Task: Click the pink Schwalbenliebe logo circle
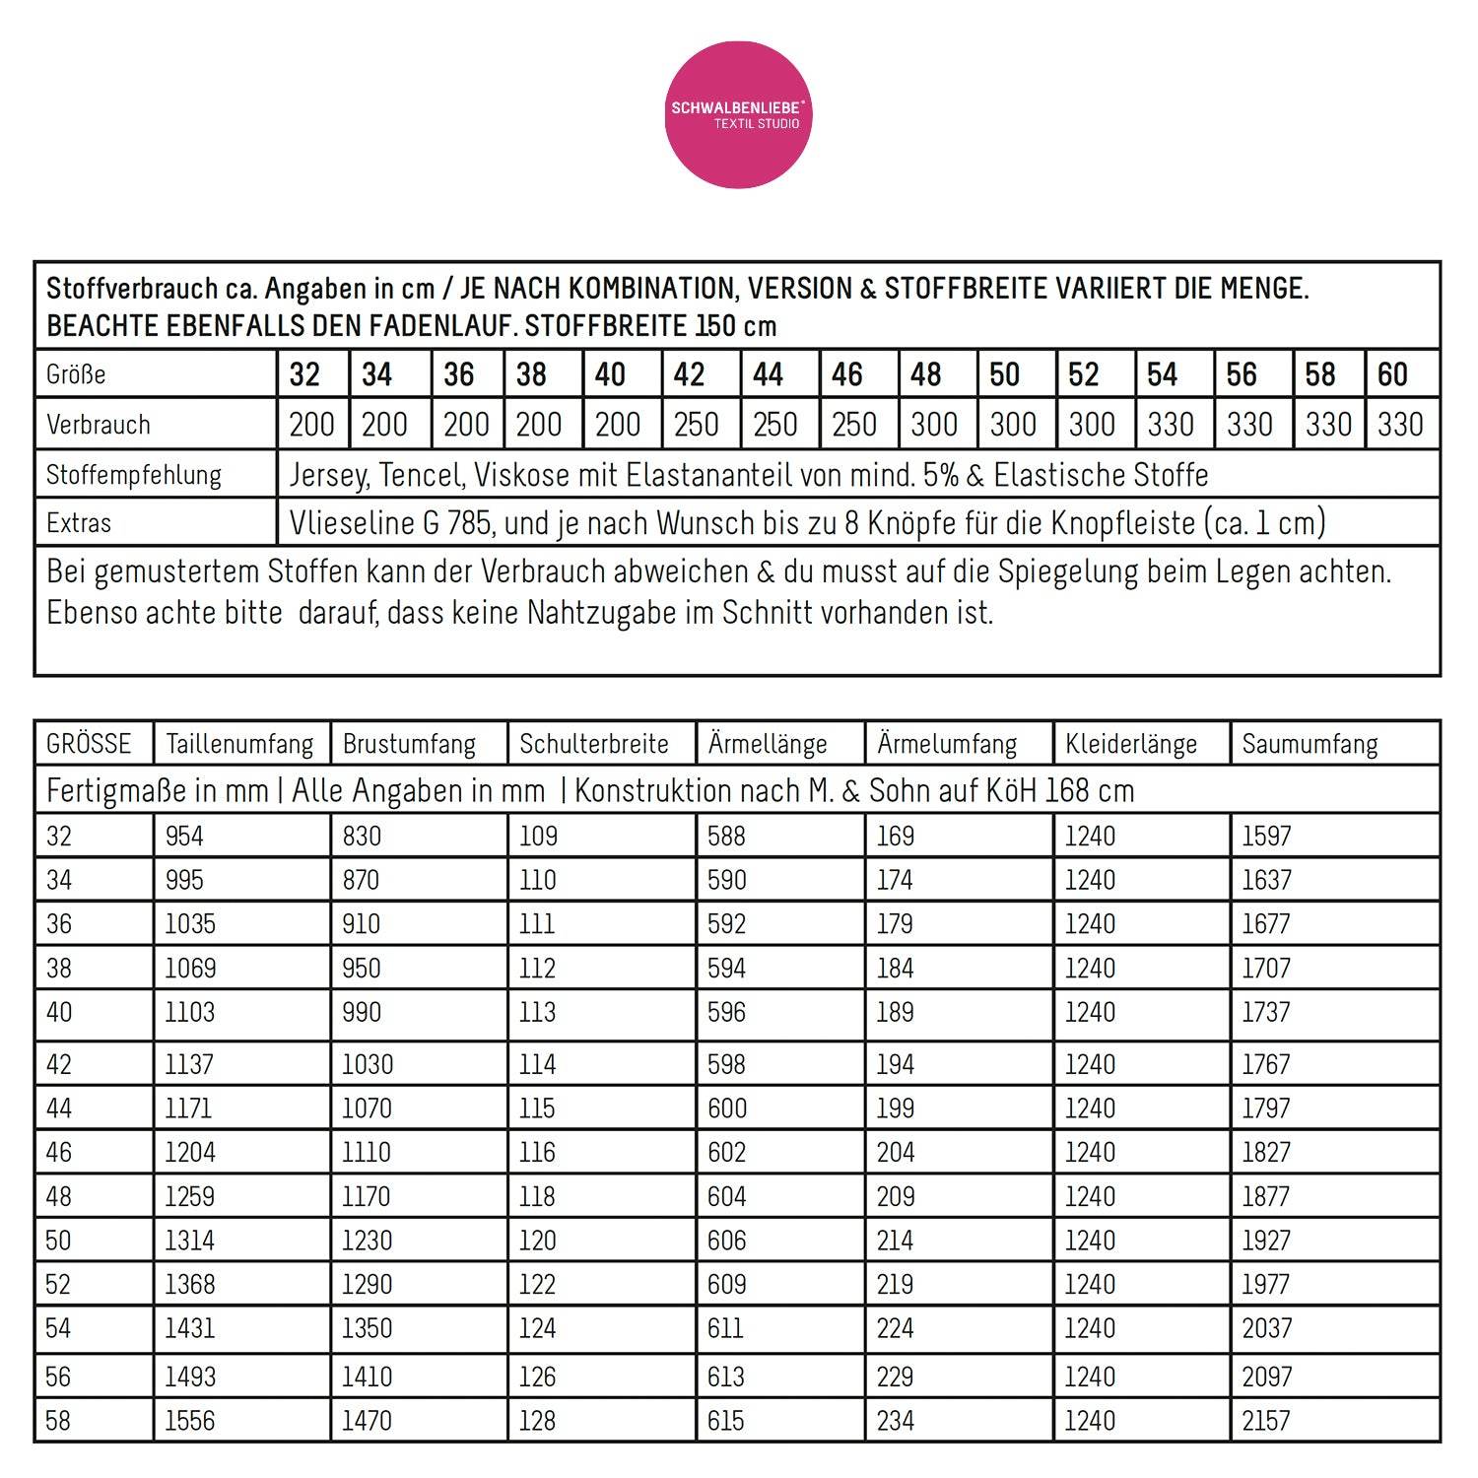(x=738, y=115)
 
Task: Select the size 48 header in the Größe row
(x=925, y=374)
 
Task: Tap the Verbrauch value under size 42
(x=696, y=425)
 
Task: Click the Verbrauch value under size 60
(x=1400, y=425)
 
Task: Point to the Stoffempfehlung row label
(x=134, y=475)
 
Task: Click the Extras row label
(x=79, y=522)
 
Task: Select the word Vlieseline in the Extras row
(x=351, y=522)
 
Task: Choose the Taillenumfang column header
(x=239, y=744)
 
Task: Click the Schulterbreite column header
(x=594, y=744)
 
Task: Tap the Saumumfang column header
(x=1310, y=744)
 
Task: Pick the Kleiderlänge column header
(x=1131, y=744)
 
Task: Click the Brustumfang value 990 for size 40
(x=362, y=1012)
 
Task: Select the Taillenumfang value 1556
(x=190, y=1420)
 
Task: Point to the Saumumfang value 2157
(x=1266, y=1420)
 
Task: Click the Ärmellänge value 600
(x=727, y=1108)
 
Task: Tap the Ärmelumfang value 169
(x=895, y=836)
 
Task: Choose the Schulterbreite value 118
(x=537, y=1196)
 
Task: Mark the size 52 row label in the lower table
(x=59, y=1284)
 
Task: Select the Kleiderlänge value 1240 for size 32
(x=1090, y=836)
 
